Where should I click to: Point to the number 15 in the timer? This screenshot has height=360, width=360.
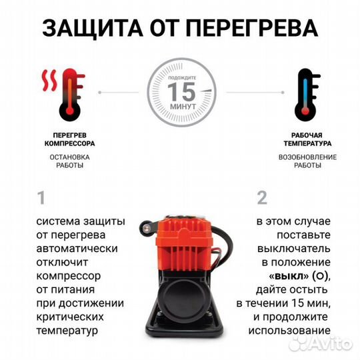point(179,90)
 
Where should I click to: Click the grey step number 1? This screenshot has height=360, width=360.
point(41,198)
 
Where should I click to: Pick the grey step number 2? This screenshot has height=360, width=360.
point(262,198)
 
